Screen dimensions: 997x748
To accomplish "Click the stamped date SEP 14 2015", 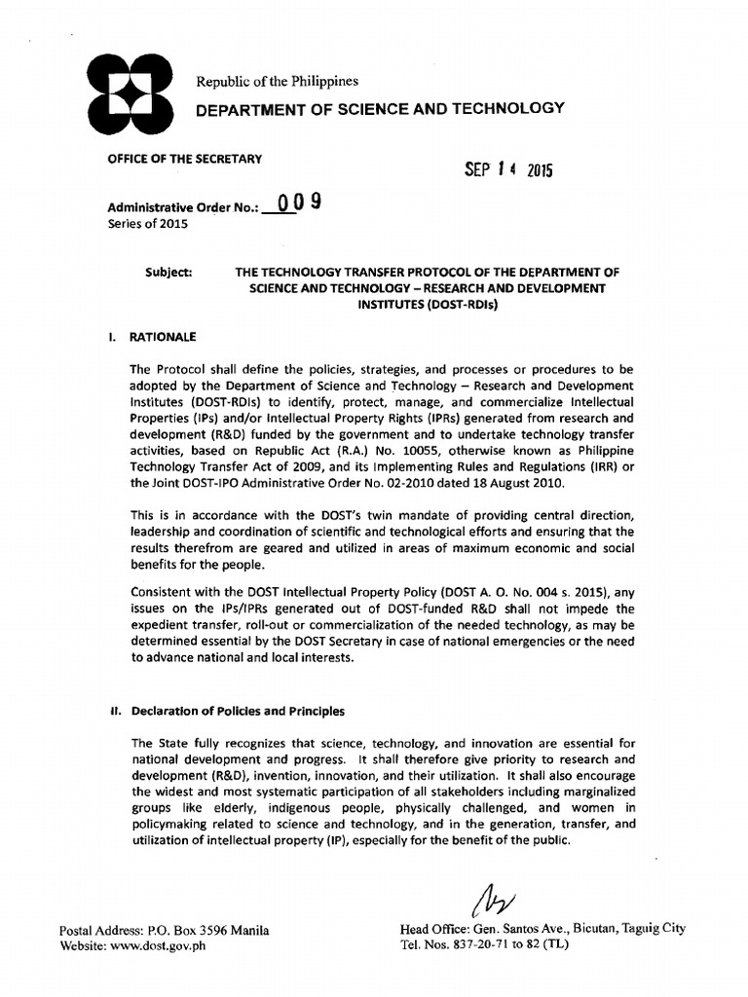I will [x=508, y=169].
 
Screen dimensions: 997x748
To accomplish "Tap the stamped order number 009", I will [x=297, y=204].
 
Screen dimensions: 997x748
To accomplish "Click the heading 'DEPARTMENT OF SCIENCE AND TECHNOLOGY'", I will [x=380, y=108].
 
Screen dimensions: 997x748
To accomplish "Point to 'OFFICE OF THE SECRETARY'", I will [x=184, y=159].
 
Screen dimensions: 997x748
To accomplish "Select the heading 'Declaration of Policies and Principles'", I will [x=239, y=711].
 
